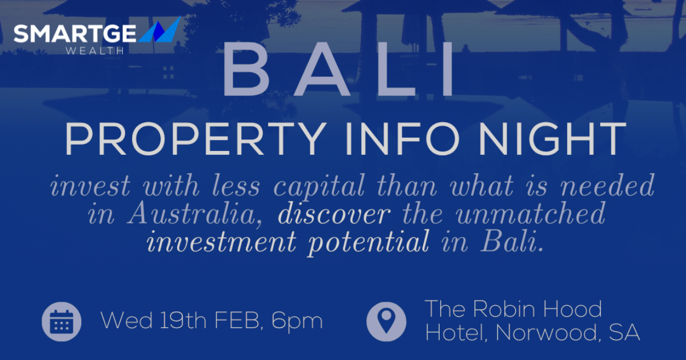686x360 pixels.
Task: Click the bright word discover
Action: [334, 214]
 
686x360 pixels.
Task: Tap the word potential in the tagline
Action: [368, 242]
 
